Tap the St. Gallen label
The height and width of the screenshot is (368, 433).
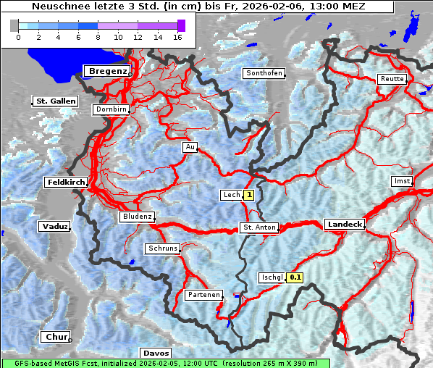[55, 101]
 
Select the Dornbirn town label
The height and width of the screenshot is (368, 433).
[112, 110]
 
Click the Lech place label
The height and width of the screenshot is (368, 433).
[231, 195]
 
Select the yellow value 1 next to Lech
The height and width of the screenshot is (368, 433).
[249, 195]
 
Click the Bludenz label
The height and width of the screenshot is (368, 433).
[137, 217]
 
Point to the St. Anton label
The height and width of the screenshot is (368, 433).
[258, 227]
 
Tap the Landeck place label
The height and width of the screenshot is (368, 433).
[345, 225]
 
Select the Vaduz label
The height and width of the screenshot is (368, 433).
[55, 227]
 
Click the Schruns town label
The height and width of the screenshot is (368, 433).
[162, 248]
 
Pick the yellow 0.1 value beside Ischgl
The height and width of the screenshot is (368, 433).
[295, 277]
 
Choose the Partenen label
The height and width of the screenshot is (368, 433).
[203, 295]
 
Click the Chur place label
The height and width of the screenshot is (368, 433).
[56, 337]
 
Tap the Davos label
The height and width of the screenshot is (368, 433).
[156, 353]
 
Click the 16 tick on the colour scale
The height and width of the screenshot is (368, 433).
[177, 37]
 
